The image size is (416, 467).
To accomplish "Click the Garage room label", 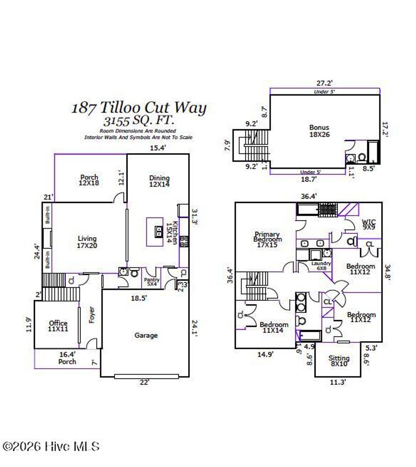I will [x=146, y=335].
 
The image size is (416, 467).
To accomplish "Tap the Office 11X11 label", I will [x=58, y=326].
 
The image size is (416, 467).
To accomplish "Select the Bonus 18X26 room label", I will [x=319, y=131].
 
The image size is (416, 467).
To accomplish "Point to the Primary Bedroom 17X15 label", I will [x=266, y=237].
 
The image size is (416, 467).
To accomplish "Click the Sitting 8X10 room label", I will [x=339, y=361].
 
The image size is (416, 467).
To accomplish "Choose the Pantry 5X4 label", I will [x=152, y=282].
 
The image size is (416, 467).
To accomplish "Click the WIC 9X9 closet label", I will [x=368, y=225].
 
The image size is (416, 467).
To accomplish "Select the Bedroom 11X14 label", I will [x=274, y=327].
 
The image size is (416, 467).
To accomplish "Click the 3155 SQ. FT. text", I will [x=139, y=121].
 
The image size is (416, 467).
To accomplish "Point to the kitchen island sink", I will [x=158, y=232].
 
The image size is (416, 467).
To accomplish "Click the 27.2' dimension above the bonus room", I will [x=325, y=83].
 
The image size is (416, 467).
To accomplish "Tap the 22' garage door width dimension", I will [x=144, y=382].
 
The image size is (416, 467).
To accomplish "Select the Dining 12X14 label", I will [x=159, y=181].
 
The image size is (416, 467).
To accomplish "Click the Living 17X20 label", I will [x=87, y=242].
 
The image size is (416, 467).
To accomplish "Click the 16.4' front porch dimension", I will [x=67, y=354].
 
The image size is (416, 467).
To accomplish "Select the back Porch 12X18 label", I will [x=89, y=180].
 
